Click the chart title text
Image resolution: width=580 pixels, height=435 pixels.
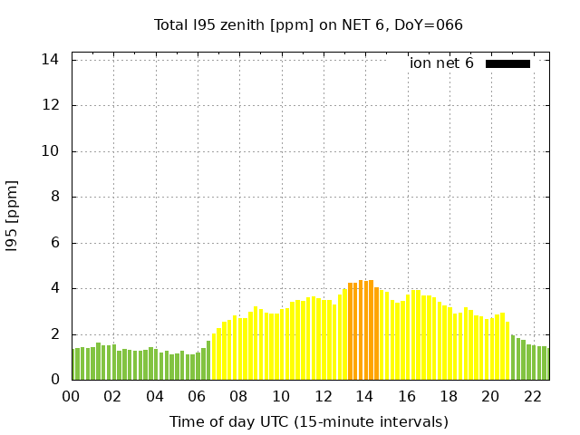click(308, 24)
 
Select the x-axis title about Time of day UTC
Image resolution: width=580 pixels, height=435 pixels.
click(308, 421)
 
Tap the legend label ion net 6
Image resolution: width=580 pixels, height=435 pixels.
click(441, 63)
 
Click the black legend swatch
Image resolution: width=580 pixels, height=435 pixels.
click(507, 63)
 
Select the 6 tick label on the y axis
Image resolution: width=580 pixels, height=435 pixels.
click(55, 243)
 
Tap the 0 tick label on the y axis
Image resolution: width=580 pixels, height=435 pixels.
click(55, 381)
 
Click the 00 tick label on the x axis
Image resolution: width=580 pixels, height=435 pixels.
click(71, 397)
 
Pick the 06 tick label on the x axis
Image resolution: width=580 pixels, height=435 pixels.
click(197, 397)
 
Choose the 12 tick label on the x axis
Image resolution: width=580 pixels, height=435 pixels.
click(323, 397)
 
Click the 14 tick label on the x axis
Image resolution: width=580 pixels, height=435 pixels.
click(364, 397)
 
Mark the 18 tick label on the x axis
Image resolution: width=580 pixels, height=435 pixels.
click(449, 397)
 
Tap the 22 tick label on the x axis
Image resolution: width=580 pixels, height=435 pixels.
click(532, 397)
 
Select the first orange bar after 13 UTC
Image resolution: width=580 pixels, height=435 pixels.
click(351, 332)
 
